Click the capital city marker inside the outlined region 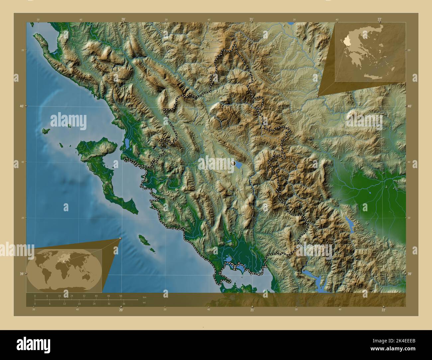233,163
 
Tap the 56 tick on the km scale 121,296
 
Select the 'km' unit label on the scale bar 144,297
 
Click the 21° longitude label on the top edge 252,19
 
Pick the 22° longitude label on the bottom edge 383,310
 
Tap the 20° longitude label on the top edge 123,19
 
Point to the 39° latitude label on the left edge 21,274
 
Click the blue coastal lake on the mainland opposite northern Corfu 127,143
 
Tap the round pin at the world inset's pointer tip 120,238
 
